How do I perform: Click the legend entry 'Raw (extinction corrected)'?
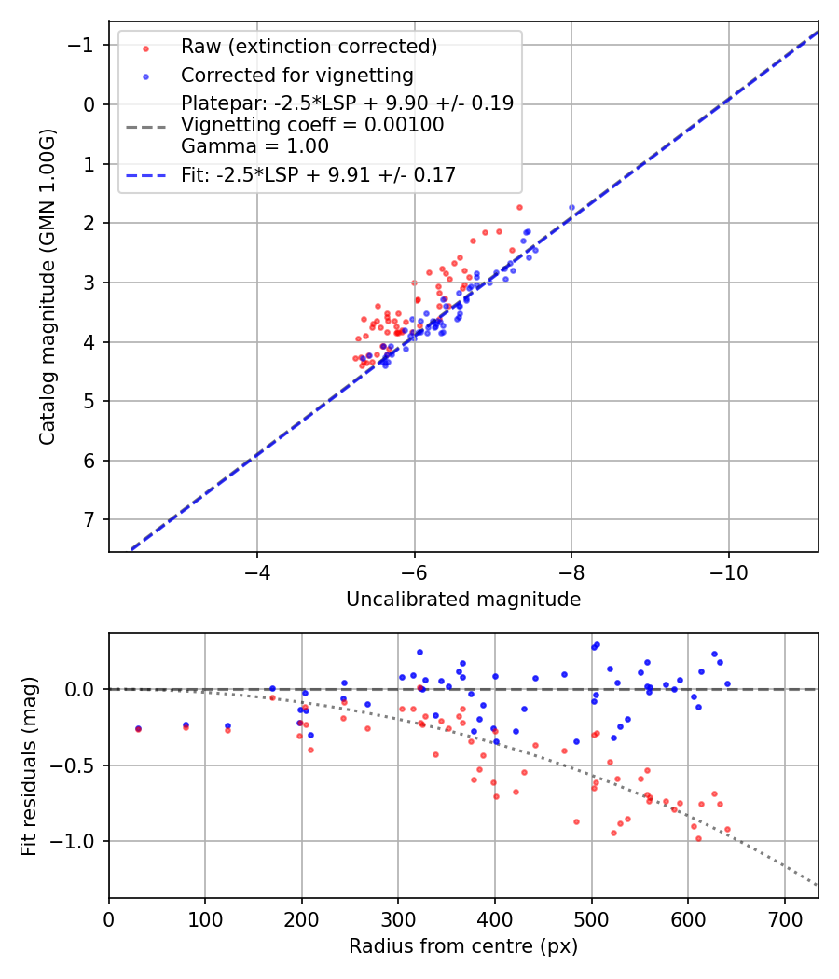click(x=309, y=47)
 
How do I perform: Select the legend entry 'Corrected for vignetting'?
click(x=297, y=75)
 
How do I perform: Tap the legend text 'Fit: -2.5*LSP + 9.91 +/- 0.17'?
click(x=319, y=174)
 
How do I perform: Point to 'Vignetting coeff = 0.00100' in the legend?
click(x=312, y=125)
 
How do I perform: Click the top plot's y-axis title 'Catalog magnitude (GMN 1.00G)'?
click(x=48, y=287)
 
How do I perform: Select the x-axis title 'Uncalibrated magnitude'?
click(x=463, y=600)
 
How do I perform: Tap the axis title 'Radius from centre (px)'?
click(x=463, y=946)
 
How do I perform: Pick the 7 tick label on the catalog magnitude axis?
click(x=89, y=519)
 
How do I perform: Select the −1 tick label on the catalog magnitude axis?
click(x=83, y=45)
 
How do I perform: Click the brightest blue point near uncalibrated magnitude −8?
click(x=571, y=207)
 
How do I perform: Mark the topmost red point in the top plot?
click(x=519, y=207)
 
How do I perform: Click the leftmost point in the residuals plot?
click(x=138, y=729)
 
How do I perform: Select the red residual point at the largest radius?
click(x=727, y=829)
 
